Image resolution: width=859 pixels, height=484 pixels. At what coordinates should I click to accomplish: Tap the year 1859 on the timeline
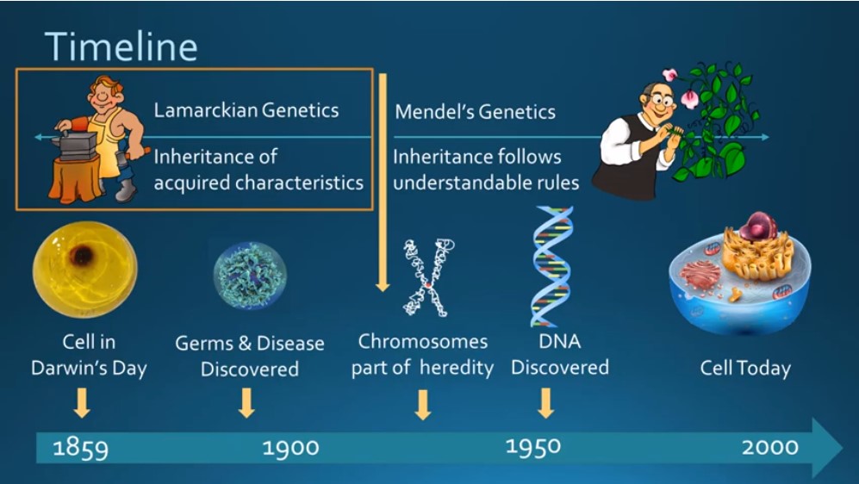(80, 448)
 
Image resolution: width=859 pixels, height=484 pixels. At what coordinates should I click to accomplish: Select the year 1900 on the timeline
(290, 448)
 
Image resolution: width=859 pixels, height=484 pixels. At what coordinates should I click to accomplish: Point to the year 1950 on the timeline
(533, 447)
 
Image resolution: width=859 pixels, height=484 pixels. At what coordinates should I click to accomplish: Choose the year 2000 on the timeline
(769, 447)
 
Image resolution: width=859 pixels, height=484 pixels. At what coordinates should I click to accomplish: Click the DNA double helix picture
(551, 266)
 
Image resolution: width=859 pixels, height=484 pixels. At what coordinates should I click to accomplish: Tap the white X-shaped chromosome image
(428, 277)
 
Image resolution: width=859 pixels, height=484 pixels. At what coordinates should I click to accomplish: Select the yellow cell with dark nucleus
(85, 270)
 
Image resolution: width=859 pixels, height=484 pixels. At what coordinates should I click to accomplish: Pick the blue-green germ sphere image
(250, 276)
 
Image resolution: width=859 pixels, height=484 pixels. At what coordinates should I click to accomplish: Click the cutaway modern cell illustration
(739, 274)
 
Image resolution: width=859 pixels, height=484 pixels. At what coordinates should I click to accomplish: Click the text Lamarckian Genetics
(246, 110)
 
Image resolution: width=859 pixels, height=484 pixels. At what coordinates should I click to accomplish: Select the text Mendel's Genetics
(475, 112)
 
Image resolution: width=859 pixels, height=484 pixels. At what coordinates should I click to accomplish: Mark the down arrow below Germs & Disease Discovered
(246, 403)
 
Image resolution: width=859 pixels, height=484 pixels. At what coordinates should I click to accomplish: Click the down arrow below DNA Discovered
(545, 403)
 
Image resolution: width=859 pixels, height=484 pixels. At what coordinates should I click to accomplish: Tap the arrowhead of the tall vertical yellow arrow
(383, 286)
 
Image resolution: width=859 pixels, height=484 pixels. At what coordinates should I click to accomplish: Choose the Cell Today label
(745, 368)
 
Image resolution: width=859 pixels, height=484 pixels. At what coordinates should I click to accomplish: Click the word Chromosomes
(422, 342)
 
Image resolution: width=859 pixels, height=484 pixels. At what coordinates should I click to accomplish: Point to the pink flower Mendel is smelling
(689, 98)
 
